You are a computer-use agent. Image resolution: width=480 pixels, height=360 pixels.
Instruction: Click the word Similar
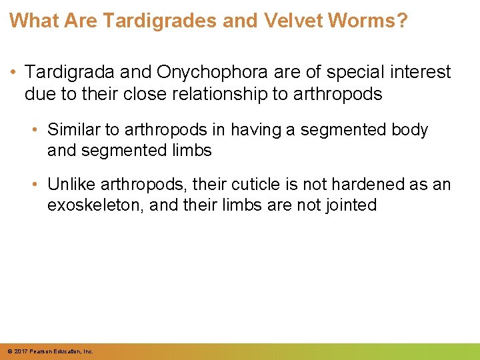click(73, 129)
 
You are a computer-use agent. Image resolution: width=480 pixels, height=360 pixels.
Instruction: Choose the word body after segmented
click(409, 129)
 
